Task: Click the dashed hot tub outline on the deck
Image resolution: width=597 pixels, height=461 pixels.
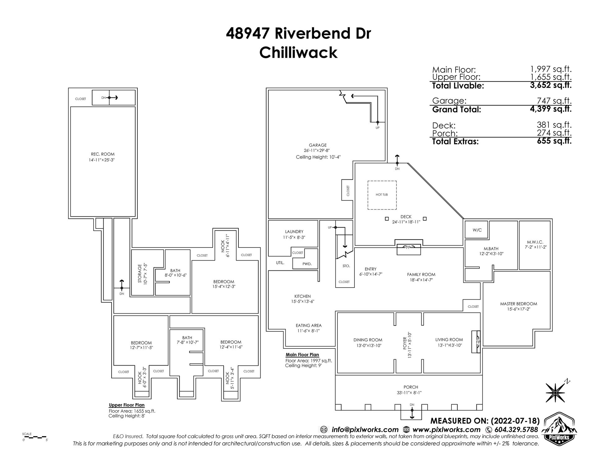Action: click(x=382, y=195)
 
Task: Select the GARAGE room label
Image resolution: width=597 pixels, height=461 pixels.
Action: click(x=317, y=145)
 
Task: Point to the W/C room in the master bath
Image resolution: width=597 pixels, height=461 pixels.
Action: click(x=477, y=230)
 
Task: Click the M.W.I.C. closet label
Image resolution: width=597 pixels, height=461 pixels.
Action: click(x=535, y=242)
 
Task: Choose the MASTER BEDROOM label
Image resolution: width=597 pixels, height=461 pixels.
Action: click(x=518, y=304)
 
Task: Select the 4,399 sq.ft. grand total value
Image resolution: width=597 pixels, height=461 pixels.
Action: click(x=551, y=109)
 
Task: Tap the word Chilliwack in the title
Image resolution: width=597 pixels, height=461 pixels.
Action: click(x=298, y=53)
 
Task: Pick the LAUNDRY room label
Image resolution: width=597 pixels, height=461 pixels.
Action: click(x=294, y=232)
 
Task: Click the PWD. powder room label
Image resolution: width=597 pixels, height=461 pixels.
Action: click(x=307, y=264)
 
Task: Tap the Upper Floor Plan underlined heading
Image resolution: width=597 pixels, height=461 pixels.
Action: click(x=127, y=405)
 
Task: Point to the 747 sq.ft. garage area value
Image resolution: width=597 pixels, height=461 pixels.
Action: click(x=554, y=101)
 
